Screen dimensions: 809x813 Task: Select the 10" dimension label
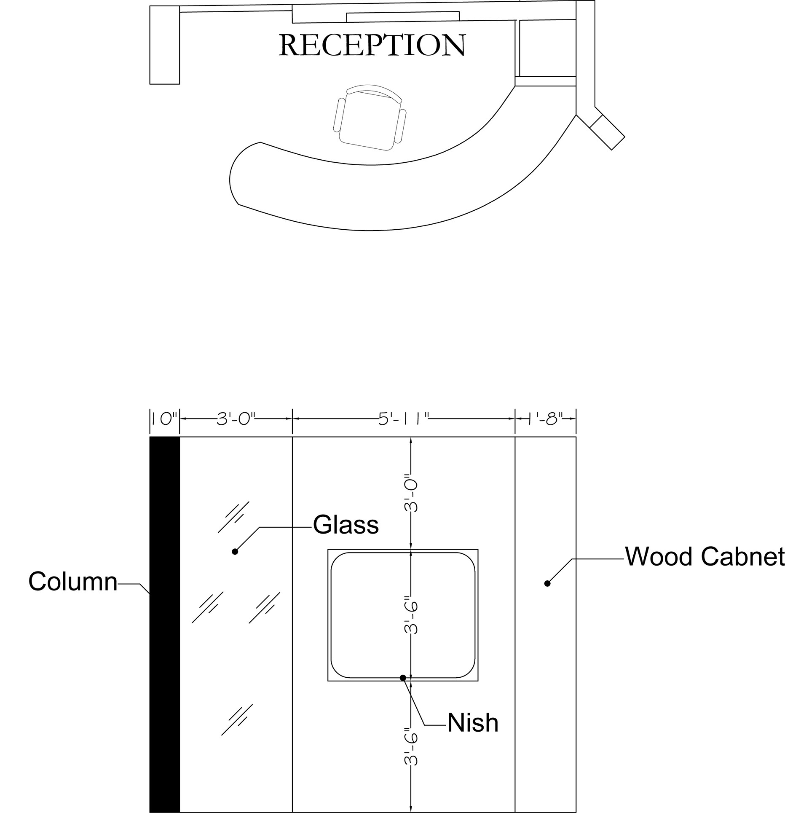[x=164, y=419]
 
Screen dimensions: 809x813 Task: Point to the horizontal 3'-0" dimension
[x=236, y=419]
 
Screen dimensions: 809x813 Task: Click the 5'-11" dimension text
[x=403, y=419]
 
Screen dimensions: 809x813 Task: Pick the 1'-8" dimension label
[x=546, y=419]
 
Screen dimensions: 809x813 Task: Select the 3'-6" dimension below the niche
[x=411, y=746]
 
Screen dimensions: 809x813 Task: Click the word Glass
[x=346, y=525]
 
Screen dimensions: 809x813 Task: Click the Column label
[x=72, y=581]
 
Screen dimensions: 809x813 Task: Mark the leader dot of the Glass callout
[x=235, y=552]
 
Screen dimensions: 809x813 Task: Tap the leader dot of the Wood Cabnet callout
[x=547, y=584]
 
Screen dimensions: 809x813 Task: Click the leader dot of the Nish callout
[x=403, y=678]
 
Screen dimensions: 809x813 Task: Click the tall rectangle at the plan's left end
[x=165, y=45]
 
